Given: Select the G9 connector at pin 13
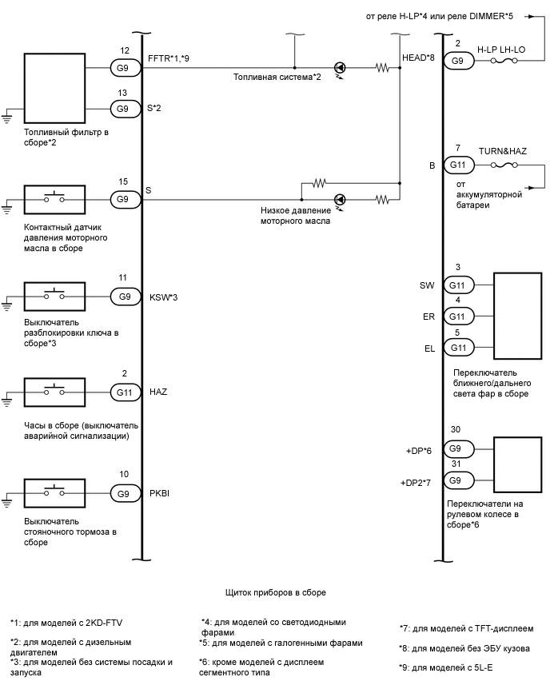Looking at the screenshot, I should [x=124, y=109].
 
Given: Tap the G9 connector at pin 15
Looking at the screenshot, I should [x=124, y=198].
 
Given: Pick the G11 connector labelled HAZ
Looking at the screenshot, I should [x=124, y=392].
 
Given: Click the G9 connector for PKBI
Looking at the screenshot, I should [x=124, y=493].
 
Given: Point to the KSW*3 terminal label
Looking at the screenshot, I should [x=163, y=297].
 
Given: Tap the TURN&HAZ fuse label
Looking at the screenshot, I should [x=502, y=150].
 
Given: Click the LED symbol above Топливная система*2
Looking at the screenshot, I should [x=340, y=69].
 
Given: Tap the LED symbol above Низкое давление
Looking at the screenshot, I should [x=340, y=198].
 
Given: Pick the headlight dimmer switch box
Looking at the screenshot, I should [x=519, y=314].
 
